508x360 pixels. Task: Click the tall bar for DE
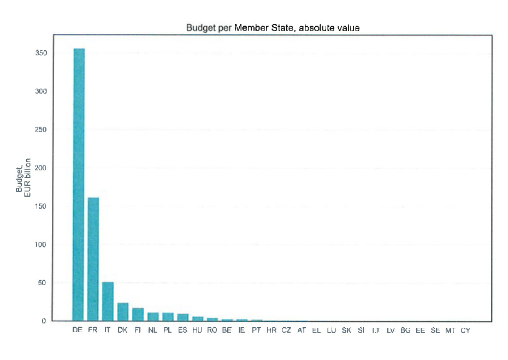[79, 185]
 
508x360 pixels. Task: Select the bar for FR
[93, 259]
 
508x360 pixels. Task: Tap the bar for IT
[108, 302]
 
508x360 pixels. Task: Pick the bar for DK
[123, 312]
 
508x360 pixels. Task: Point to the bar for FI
[138, 314]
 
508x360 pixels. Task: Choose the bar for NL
[153, 317]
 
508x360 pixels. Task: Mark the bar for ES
[183, 317]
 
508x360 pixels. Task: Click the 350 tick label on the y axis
[41, 53]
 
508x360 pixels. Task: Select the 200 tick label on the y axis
[40, 168]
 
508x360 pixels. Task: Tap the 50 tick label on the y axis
[42, 283]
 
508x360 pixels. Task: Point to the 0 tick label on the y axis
[44, 321]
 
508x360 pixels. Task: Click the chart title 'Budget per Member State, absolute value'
[273, 28]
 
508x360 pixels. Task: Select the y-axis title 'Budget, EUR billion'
[23, 178]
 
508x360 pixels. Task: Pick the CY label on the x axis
[465, 331]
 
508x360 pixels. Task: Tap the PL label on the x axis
[167, 330]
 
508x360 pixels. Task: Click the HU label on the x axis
[197, 330]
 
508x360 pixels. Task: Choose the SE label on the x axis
[435, 331]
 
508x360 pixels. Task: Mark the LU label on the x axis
[331, 331]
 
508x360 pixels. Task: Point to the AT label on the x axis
[302, 331]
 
